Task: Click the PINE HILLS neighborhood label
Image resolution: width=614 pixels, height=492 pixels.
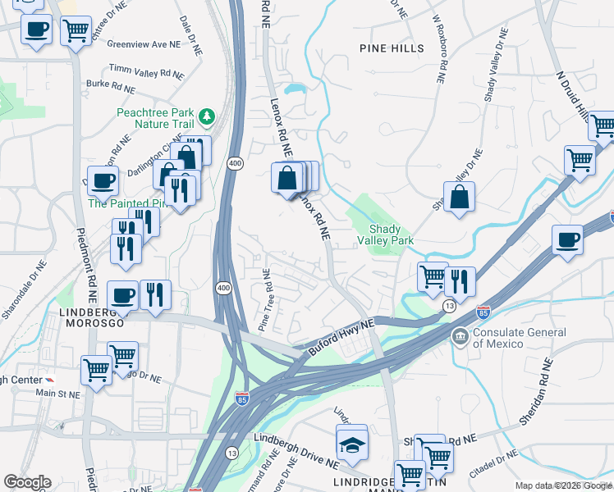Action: pos(392,48)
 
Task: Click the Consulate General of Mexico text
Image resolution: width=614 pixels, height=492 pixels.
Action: pos(520,338)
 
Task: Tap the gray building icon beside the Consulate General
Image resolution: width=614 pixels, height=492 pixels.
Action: pos(460,335)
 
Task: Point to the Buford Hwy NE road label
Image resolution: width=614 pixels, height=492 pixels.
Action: pos(341,336)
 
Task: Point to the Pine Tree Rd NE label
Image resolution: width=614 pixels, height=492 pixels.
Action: pos(265,301)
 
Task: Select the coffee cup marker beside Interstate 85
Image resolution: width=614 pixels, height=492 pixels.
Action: pos(567,241)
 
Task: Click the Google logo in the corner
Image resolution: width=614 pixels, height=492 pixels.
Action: pos(27,482)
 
